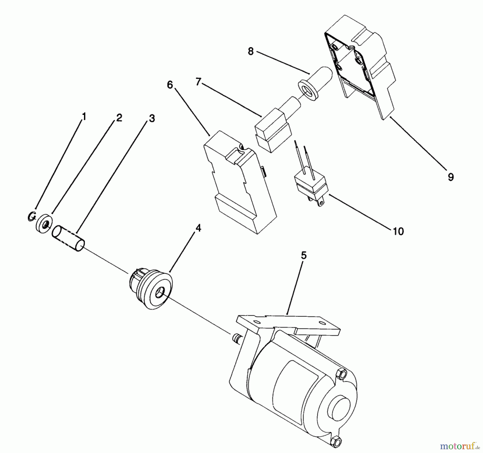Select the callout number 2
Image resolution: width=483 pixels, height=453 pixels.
point(119,118)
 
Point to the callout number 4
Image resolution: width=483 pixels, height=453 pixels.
point(198,228)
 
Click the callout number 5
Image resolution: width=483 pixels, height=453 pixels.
point(303,255)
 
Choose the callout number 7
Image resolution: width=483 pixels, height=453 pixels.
point(198,82)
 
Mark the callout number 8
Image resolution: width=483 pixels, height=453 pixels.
point(251,51)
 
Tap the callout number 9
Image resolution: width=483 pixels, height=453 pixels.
point(451,177)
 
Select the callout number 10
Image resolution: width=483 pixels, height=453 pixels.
point(398,231)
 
